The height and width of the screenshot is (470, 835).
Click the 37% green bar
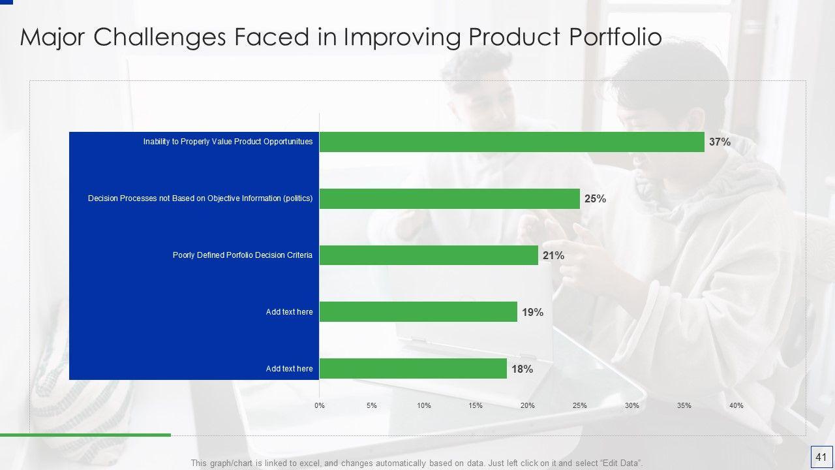511,142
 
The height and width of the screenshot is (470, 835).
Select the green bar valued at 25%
449,198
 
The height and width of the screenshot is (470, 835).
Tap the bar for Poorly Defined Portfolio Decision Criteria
429,255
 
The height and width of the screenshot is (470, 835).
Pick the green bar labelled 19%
418,312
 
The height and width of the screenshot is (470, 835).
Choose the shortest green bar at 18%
413,369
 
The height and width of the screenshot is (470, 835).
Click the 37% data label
720,142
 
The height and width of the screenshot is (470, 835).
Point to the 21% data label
553,255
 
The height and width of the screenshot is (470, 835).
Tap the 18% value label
522,369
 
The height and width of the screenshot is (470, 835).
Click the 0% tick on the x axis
320,405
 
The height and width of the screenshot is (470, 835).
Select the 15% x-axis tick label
476,405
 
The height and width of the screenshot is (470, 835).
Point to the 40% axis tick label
736,405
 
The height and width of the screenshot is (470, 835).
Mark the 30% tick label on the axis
631,405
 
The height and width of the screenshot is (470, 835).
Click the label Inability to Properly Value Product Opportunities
228,142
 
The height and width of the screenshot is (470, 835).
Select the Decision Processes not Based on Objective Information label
200,198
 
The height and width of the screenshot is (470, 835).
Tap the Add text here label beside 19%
289,312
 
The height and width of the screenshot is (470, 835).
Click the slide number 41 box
820,457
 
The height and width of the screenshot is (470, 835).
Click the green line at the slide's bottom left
85,435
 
